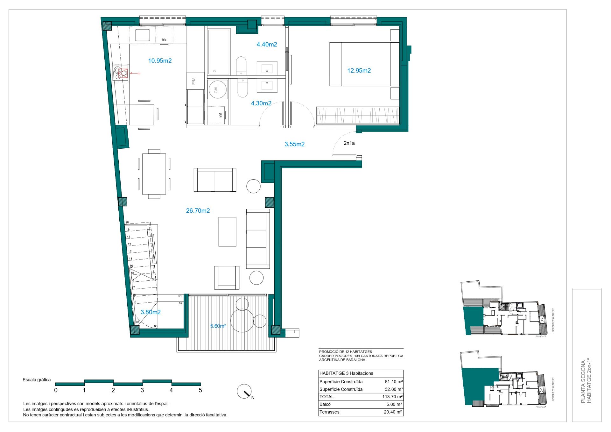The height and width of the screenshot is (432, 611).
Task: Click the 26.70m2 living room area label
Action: [198, 211]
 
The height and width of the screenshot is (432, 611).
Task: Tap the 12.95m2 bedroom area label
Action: [359, 71]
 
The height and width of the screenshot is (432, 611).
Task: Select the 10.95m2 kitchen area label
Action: [160, 61]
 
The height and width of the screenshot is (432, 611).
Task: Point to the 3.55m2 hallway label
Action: [294, 144]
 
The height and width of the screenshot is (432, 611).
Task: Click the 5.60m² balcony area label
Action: [218, 326]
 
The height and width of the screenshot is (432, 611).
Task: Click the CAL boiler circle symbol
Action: [218, 89]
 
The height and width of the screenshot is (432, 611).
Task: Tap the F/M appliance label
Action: [194, 81]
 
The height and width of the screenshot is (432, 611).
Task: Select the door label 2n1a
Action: [349, 143]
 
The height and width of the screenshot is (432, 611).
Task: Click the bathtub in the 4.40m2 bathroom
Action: [219, 52]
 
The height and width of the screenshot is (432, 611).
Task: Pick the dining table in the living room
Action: [154, 174]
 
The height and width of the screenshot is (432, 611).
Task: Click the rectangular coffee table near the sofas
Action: [227, 232]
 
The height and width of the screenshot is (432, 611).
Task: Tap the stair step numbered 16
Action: [127, 223]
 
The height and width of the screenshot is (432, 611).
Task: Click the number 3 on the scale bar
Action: [142, 390]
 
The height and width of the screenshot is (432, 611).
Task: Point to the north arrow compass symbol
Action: [244, 392]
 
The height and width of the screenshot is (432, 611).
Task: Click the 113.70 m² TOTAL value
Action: [392, 397]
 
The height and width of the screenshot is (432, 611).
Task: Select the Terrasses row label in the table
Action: [329, 412]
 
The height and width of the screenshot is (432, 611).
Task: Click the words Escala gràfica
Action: [37, 380]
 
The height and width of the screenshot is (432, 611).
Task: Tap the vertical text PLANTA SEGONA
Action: [583, 382]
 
